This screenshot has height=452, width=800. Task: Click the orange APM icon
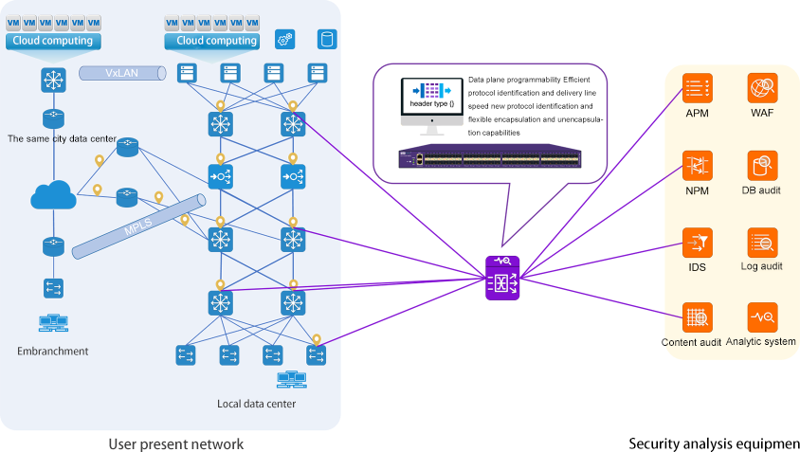click(698, 88)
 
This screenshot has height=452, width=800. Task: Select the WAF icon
click(762, 88)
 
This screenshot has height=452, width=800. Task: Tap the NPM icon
click(698, 166)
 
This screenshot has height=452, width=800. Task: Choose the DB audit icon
click(762, 166)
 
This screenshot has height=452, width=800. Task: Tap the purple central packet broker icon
click(502, 278)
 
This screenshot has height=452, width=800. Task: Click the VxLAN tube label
click(121, 72)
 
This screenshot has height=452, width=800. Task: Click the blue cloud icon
click(53, 196)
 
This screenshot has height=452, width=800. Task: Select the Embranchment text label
click(52, 351)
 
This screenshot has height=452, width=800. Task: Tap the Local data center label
click(256, 404)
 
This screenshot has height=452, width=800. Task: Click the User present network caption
click(175, 443)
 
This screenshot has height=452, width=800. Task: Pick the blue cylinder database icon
click(327, 39)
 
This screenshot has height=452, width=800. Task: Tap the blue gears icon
click(283, 39)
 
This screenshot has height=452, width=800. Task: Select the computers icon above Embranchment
click(52, 323)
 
